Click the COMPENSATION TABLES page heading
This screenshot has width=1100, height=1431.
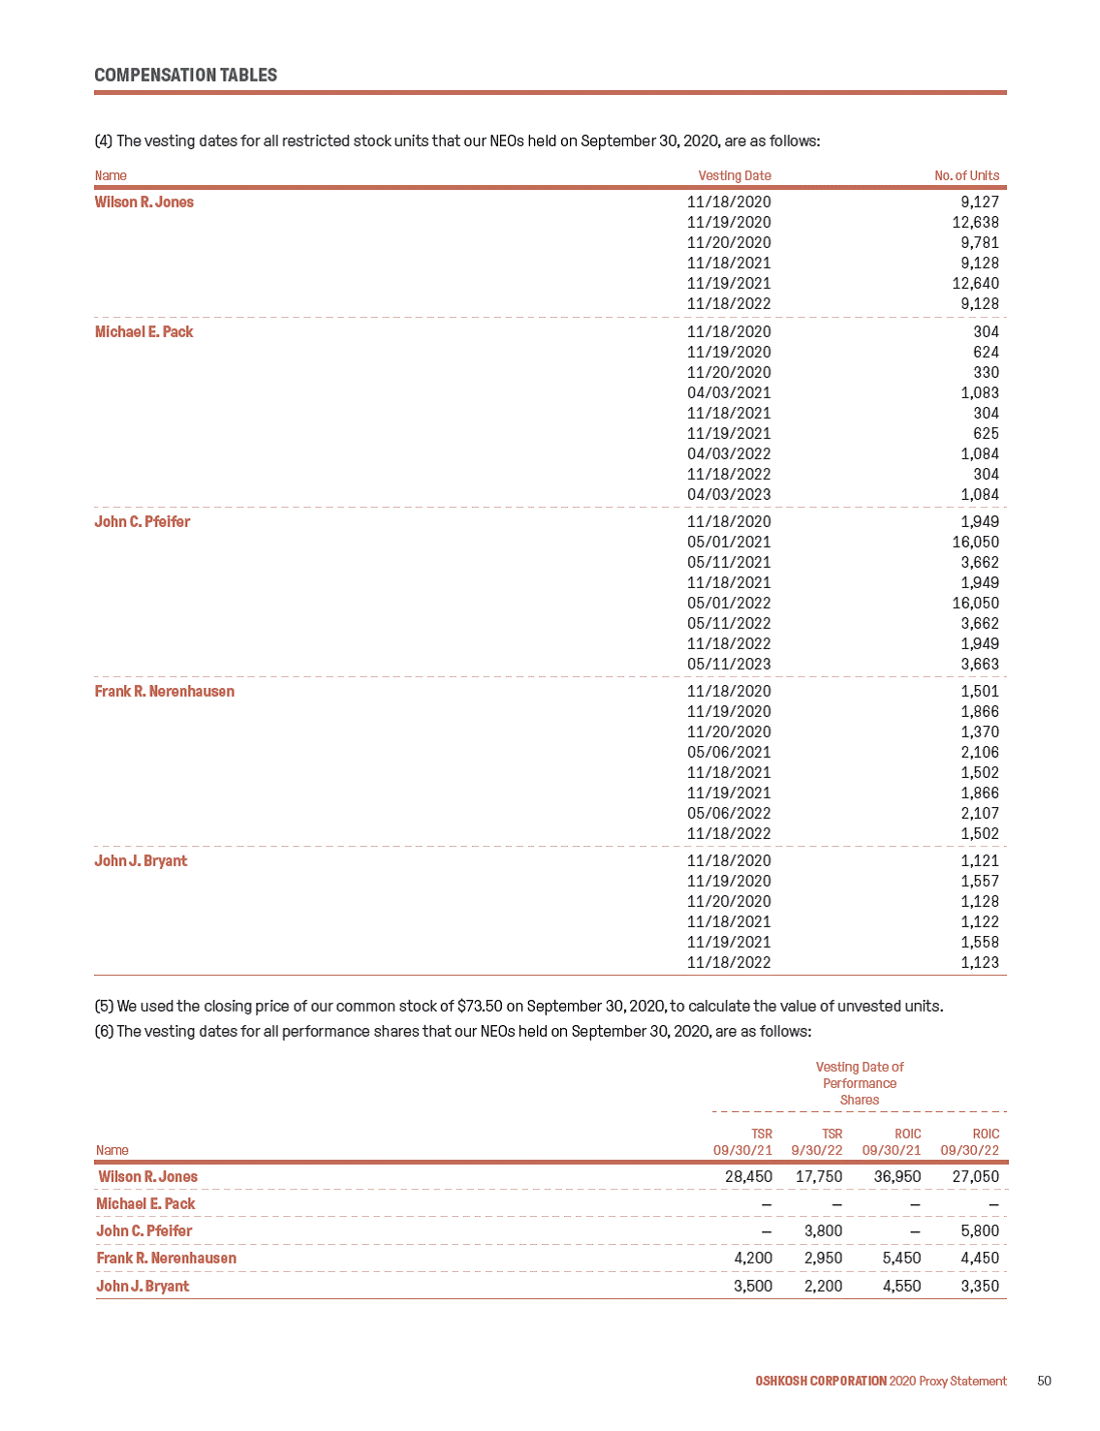pos(185,76)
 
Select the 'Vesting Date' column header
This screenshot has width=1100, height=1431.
pos(735,175)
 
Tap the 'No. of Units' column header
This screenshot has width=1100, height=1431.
pos(966,175)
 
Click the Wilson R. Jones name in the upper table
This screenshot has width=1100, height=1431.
pos(144,202)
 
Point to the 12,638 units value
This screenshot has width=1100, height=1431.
pos(975,223)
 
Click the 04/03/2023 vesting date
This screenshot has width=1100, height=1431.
pos(729,495)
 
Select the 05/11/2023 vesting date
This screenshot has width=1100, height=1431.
pos(729,665)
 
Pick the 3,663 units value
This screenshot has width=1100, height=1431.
pos(980,665)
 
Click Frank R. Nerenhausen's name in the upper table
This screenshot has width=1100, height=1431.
pos(165,692)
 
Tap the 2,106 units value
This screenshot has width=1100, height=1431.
pos(980,753)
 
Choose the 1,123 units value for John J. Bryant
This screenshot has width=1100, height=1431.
pos(980,963)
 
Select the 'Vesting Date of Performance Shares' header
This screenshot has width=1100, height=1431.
pos(860,1083)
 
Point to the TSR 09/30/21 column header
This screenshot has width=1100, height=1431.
pos(742,1142)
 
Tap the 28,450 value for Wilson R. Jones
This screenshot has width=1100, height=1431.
pos(748,1177)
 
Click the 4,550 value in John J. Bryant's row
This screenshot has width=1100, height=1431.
pos(901,1287)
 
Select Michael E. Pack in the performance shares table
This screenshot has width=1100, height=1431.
pos(145,1204)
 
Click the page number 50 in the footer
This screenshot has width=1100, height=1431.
pos(1044,1382)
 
